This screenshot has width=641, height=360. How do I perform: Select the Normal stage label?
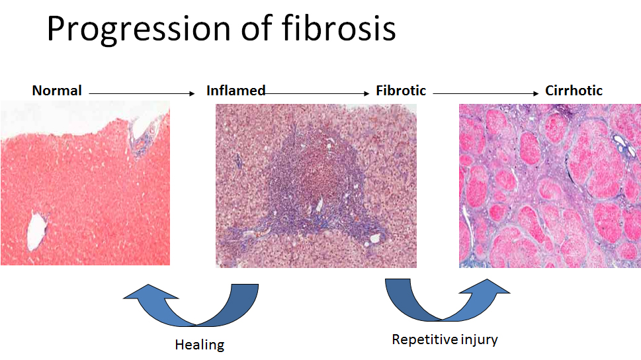click(57, 91)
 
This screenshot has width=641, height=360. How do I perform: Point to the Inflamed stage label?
click(236, 91)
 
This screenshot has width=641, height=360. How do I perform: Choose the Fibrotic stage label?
click(401, 91)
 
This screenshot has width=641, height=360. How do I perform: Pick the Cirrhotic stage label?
click(574, 91)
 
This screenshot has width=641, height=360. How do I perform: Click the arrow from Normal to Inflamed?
click(142, 94)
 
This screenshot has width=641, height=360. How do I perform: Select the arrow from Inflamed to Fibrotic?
click(317, 94)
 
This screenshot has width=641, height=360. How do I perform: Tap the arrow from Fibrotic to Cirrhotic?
click(486, 94)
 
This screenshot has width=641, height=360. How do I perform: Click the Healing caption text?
click(200, 345)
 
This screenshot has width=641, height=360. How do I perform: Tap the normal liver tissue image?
click(85, 183)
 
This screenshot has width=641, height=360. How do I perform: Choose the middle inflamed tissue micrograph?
click(316, 186)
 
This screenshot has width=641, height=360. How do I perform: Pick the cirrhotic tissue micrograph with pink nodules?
click(550, 186)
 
